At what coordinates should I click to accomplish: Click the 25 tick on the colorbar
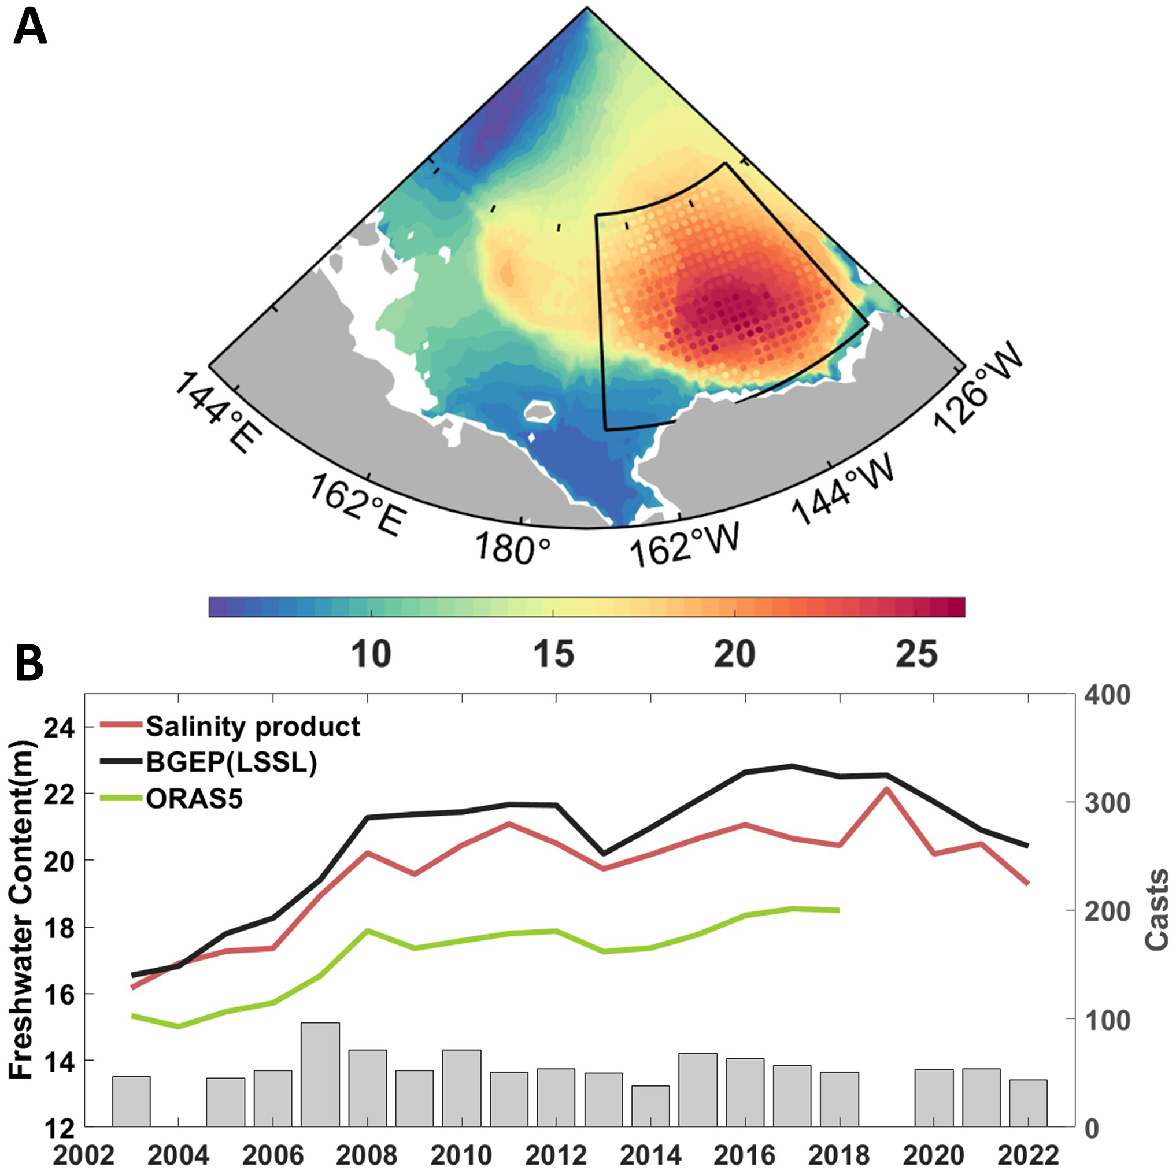tap(917, 654)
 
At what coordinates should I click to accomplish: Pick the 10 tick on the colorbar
tap(371, 654)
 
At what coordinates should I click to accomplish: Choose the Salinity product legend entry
tap(253, 726)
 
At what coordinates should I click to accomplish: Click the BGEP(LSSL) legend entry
tap(231, 762)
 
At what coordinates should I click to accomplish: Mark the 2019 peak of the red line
tap(887, 790)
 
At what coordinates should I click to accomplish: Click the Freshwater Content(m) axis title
tap(21, 910)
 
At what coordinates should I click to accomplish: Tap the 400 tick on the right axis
tap(1108, 695)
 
